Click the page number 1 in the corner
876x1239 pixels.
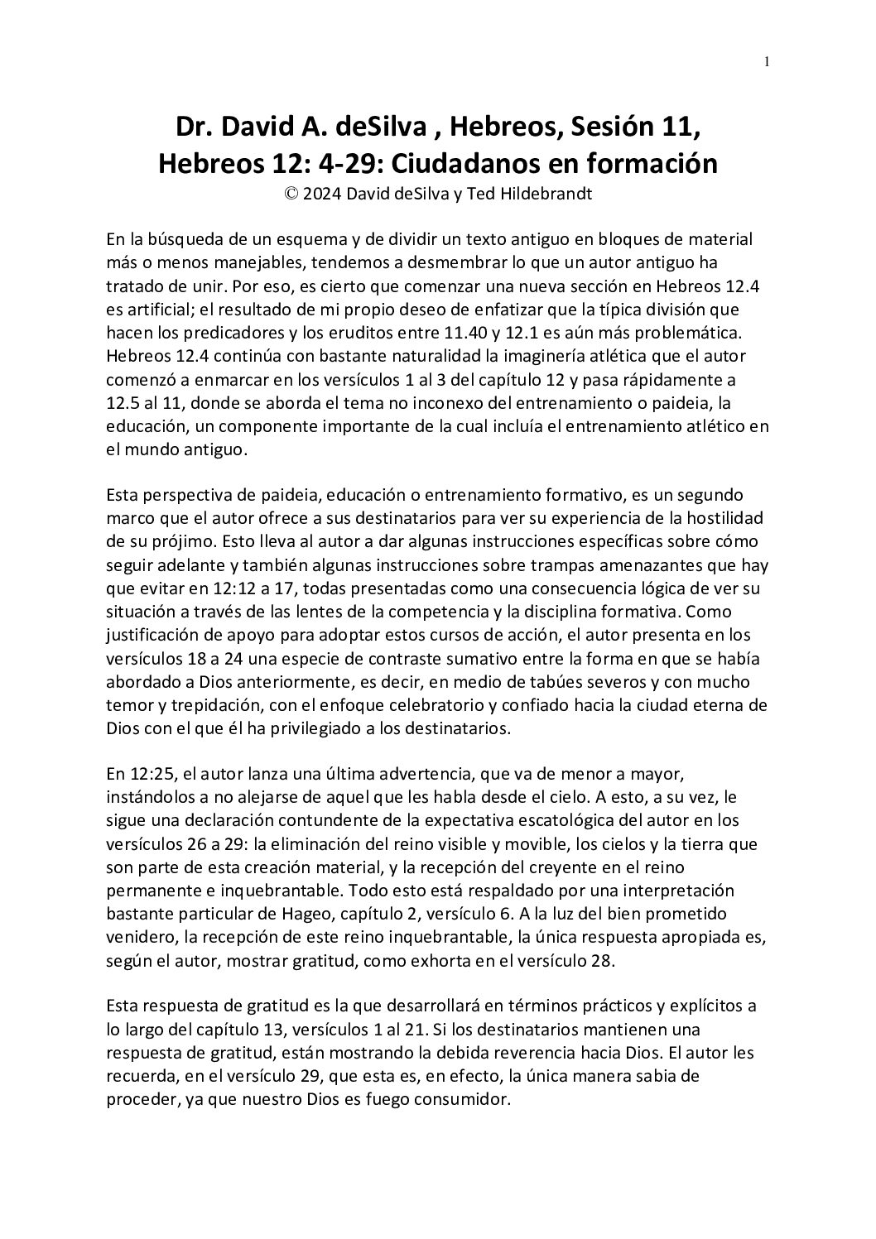click(x=767, y=61)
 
